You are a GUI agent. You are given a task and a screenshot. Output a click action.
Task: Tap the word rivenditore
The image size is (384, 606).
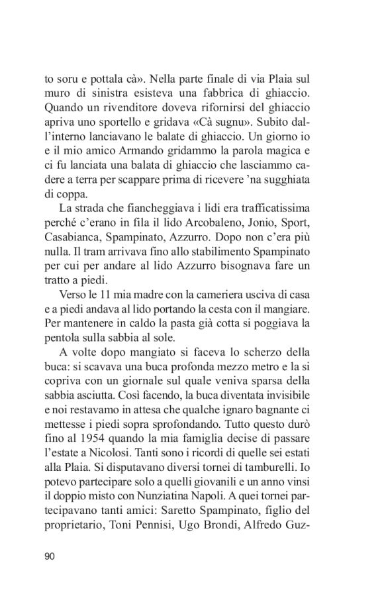pyautogui.click(x=123, y=107)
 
